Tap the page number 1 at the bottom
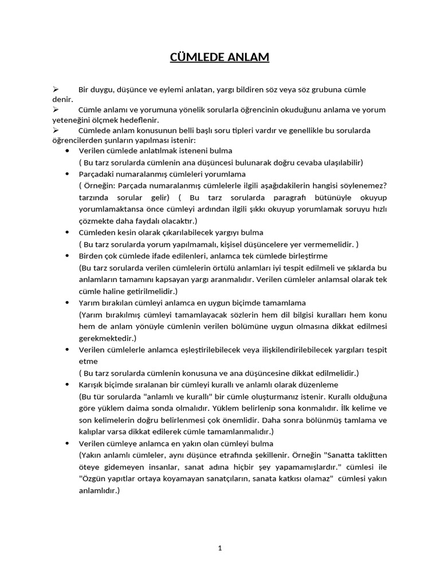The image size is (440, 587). click(x=220, y=548)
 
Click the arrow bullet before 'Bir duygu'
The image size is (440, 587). click(x=56, y=90)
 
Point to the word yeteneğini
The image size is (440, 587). click(x=71, y=120)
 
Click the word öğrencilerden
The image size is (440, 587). click(x=74, y=140)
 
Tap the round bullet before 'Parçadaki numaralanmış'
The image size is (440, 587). click(x=68, y=173)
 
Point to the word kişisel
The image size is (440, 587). click(x=236, y=244)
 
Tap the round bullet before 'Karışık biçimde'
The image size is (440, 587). click(x=68, y=384)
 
